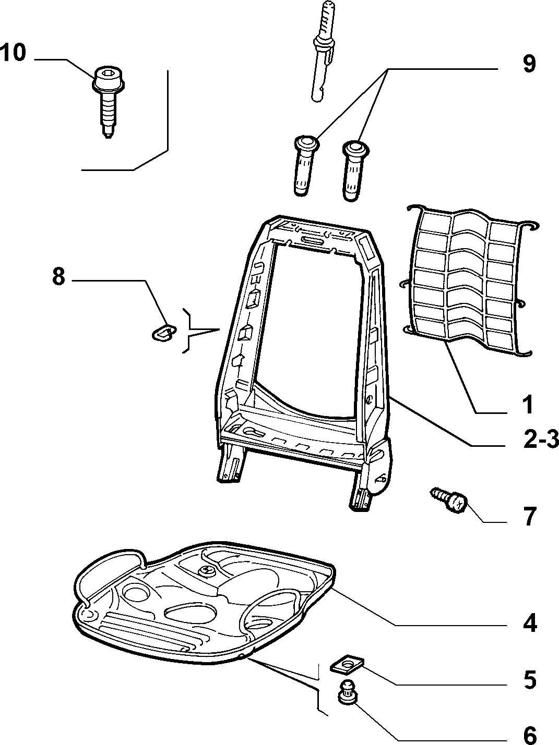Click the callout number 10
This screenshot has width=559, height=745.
click(13, 53)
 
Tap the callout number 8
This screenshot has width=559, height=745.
click(58, 277)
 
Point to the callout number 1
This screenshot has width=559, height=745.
click(528, 405)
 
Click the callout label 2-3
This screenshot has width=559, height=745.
click(541, 440)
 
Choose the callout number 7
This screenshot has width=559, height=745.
click(529, 517)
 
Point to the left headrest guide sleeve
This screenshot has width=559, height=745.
click(305, 166)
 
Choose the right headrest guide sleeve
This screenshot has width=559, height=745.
click(354, 170)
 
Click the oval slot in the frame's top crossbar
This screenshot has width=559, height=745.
click(315, 240)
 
